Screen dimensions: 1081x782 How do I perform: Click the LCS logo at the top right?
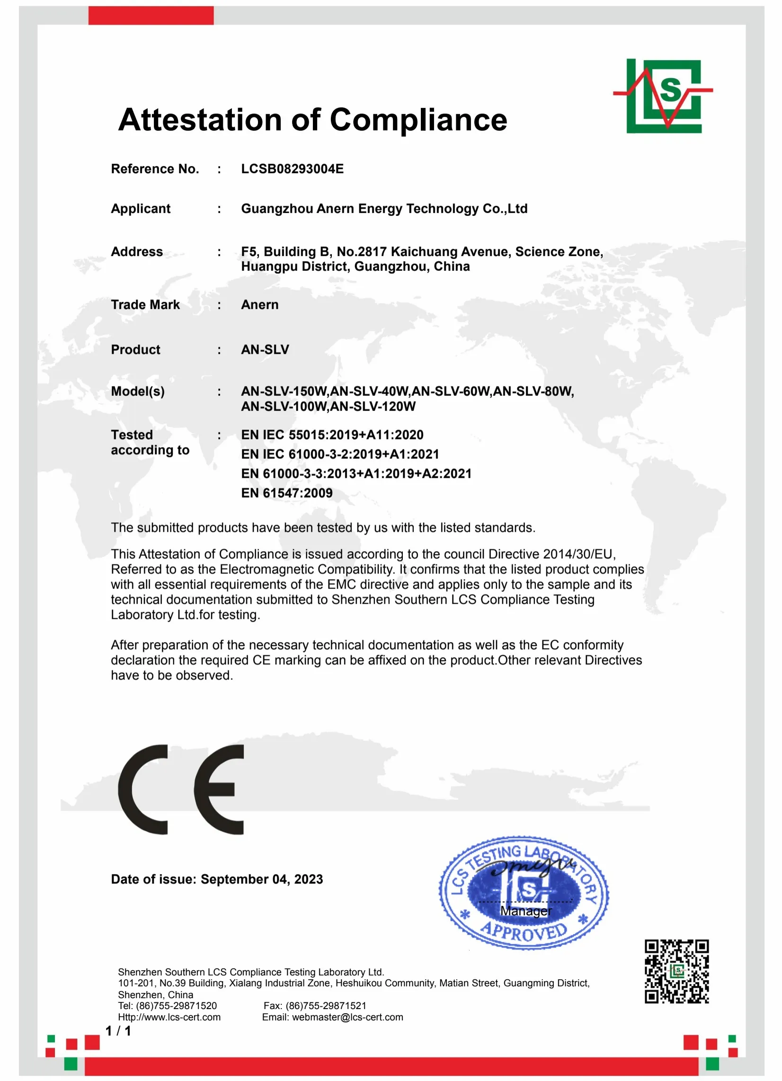click(663, 96)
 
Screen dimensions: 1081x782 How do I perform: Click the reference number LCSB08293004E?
click(292, 169)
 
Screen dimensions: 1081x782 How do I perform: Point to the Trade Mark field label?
click(145, 304)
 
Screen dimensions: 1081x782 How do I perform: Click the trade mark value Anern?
click(260, 304)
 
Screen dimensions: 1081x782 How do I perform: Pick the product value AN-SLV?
click(265, 349)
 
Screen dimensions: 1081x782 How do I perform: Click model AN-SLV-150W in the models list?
click(284, 391)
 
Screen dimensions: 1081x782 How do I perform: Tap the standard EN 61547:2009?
click(287, 493)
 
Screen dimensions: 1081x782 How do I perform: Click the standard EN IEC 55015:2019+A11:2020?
click(332, 435)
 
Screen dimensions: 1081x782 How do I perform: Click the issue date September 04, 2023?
click(262, 879)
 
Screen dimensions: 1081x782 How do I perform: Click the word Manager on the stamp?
click(525, 911)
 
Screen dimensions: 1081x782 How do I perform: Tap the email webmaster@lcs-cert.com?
click(347, 1017)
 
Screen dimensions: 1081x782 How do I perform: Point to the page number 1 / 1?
click(118, 1031)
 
